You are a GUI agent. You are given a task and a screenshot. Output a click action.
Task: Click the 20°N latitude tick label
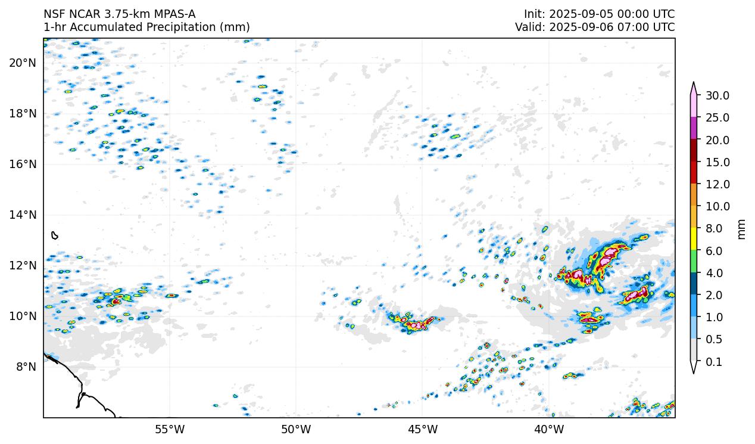click(x=23, y=63)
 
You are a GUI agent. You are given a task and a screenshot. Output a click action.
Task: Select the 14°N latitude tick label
click(x=23, y=215)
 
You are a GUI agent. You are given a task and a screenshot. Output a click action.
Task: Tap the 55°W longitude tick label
click(x=170, y=429)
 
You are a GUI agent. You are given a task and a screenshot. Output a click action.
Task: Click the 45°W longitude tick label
click(x=422, y=429)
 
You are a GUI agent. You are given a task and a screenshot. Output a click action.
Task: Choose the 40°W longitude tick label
click(x=548, y=429)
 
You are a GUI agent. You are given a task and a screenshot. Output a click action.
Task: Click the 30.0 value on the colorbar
click(x=717, y=95)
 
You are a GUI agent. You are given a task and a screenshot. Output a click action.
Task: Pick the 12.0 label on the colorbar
click(x=717, y=184)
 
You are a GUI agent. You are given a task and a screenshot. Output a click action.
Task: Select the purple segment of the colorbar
click(x=694, y=128)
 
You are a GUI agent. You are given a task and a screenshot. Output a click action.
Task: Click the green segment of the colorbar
click(x=694, y=262)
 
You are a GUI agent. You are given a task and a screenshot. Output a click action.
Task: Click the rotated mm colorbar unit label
click(x=741, y=228)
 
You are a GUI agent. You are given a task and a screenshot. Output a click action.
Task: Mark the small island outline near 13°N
click(x=55, y=235)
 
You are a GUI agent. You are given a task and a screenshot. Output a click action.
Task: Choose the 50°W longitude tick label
click(x=296, y=429)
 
